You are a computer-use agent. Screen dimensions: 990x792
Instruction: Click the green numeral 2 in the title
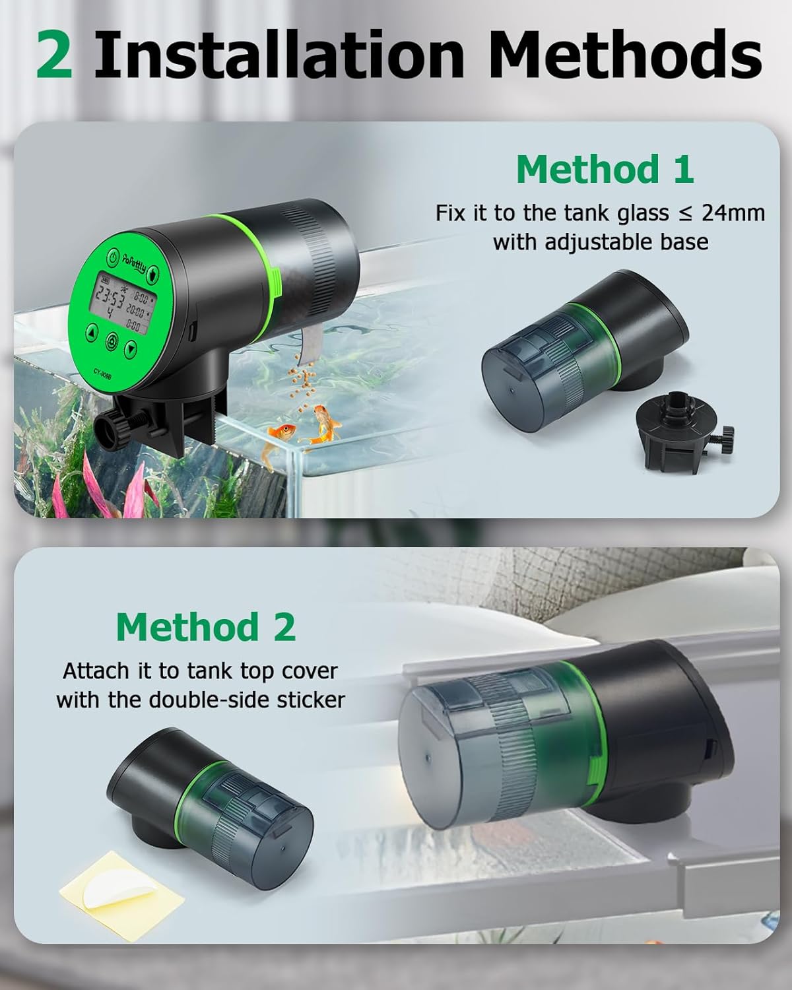coord(54,56)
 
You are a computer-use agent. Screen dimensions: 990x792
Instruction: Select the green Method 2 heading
coord(205,626)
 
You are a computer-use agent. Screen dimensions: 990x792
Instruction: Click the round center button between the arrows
coord(112,340)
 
